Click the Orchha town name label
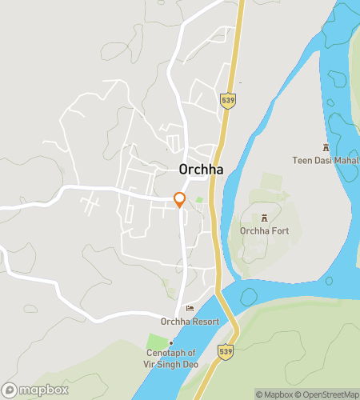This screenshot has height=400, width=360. tap(200, 170)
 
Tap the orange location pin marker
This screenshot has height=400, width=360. tap(180, 200)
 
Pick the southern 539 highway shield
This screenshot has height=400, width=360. tap(226, 351)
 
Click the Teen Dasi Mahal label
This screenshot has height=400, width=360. tap(325, 160)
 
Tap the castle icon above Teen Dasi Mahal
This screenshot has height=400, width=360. tap(326, 147)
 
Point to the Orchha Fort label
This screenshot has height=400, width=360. tap(264, 231)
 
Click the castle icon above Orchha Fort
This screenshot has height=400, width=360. tap(265, 218)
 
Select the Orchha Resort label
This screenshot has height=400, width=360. tap(190, 322)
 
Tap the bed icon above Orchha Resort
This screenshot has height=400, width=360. tap(190, 309)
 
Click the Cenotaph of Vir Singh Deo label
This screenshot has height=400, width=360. tap(170, 358)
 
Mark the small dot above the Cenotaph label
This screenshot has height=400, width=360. tap(170, 342)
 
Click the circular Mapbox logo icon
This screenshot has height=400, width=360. tap(10, 390)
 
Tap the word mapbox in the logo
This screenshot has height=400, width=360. tap(44, 390)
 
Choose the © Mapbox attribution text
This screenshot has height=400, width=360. tap(274, 394)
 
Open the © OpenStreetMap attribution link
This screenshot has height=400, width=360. tap(326, 394)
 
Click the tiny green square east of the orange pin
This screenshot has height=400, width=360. tap(199, 199)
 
